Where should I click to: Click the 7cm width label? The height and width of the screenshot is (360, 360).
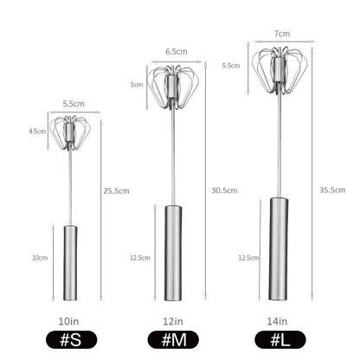click(279, 32)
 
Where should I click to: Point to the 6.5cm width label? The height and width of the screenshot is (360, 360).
click(174, 51)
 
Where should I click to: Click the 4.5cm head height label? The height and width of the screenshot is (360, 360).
click(37, 132)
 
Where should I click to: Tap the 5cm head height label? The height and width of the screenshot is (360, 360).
click(136, 84)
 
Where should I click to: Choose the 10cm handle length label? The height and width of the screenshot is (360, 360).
click(39, 257)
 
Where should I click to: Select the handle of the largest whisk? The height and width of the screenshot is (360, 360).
click(279, 243)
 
